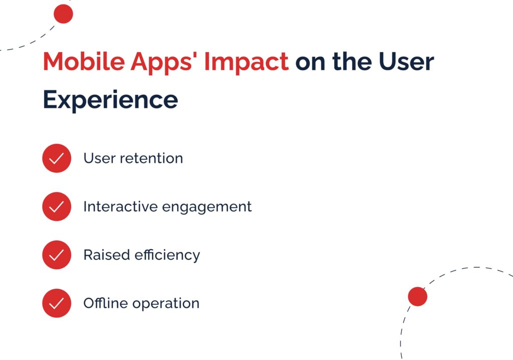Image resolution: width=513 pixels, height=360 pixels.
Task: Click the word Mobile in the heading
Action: pyautogui.click(x=84, y=61)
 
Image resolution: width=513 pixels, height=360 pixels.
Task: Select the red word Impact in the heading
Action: pyautogui.click(x=246, y=63)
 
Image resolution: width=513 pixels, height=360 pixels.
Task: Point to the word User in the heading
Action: pyautogui.click(x=406, y=61)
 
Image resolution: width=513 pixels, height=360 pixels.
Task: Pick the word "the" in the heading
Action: pyautogui.click(x=352, y=61)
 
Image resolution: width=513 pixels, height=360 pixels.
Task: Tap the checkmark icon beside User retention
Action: pyautogui.click(x=57, y=158)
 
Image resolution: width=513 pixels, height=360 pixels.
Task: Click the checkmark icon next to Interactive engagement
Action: pyautogui.click(x=57, y=207)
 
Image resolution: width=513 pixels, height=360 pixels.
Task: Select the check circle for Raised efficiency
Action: pyautogui.click(x=57, y=255)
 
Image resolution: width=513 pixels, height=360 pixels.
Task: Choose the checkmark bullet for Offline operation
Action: pyautogui.click(x=57, y=303)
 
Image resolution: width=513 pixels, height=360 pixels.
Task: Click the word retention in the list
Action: pyautogui.click(x=151, y=158)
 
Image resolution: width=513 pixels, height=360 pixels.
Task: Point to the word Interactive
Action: pyautogui.click(x=121, y=207)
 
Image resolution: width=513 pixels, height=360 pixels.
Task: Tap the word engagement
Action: pyautogui.click(x=207, y=208)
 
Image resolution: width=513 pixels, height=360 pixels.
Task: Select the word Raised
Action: pyautogui.click(x=107, y=255)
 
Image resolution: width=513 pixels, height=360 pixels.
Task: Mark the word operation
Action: pyautogui.click(x=166, y=304)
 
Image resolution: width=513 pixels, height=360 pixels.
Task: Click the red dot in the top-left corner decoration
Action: pyautogui.click(x=63, y=14)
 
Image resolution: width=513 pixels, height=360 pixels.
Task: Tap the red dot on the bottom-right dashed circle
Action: pyautogui.click(x=417, y=296)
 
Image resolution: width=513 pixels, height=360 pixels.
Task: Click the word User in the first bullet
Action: pyautogui.click(x=100, y=158)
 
